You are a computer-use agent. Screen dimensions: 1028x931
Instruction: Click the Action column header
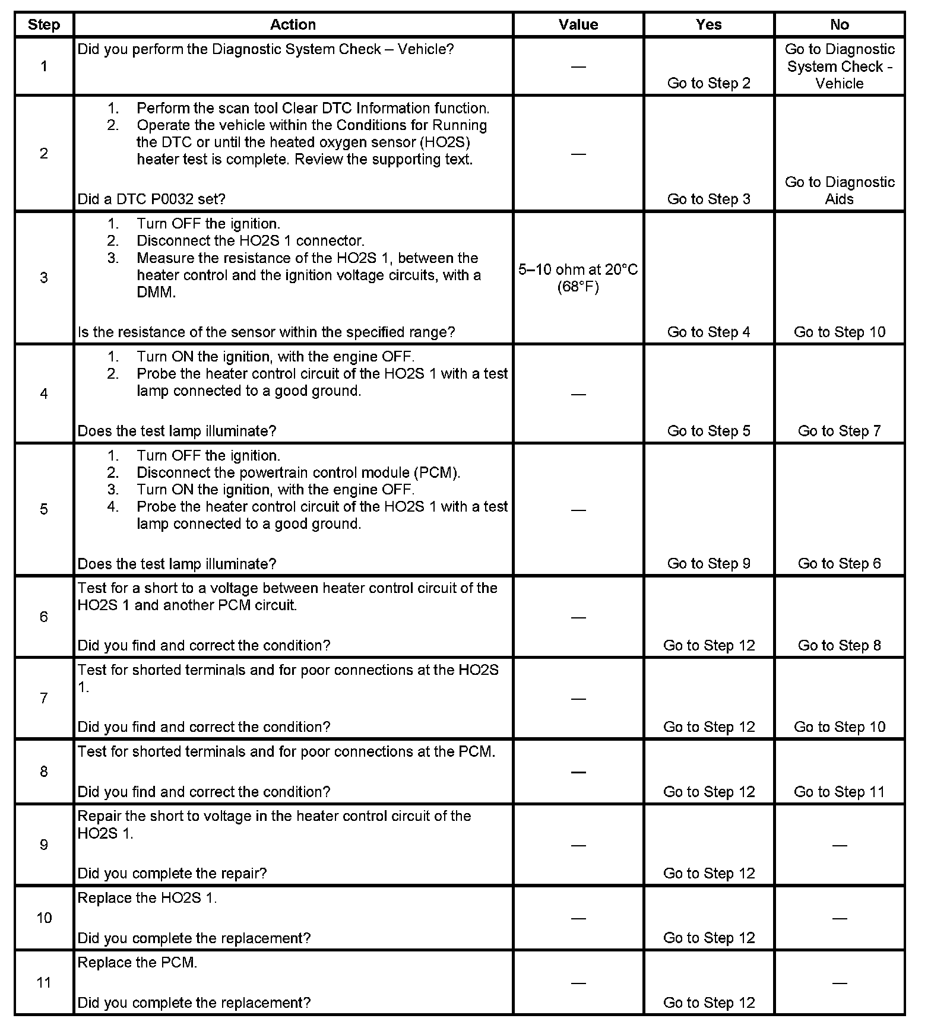(x=293, y=25)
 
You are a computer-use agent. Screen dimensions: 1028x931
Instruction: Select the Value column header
(x=578, y=25)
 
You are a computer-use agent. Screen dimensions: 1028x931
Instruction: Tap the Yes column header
(x=709, y=25)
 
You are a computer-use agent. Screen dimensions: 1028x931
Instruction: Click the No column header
(x=840, y=25)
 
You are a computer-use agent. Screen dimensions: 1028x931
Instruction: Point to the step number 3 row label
(x=44, y=278)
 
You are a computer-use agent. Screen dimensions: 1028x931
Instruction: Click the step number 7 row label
(x=44, y=698)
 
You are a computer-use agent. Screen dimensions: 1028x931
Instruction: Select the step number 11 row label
(x=44, y=982)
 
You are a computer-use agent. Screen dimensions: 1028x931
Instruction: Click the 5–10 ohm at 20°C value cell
(x=578, y=278)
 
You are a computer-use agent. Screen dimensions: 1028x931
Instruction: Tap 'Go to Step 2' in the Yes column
(x=709, y=83)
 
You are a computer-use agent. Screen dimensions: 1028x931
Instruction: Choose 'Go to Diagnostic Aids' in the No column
(x=840, y=191)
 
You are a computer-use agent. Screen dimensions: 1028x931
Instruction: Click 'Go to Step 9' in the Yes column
(x=709, y=563)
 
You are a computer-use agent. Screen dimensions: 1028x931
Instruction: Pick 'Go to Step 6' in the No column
(x=840, y=563)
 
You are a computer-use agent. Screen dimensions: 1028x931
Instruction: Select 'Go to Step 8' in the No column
(x=840, y=645)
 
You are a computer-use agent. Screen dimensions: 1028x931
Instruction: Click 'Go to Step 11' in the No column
(x=840, y=792)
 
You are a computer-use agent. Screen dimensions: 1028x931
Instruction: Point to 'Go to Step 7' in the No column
(x=840, y=431)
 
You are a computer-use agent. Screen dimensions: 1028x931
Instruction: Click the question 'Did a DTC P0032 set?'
(x=151, y=199)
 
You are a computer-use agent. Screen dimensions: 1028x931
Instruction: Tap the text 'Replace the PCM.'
(x=137, y=963)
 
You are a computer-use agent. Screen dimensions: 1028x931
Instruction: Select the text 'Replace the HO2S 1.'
(x=147, y=898)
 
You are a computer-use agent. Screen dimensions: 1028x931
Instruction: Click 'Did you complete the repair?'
(x=172, y=873)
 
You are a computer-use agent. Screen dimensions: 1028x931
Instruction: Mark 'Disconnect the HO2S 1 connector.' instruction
(x=250, y=241)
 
